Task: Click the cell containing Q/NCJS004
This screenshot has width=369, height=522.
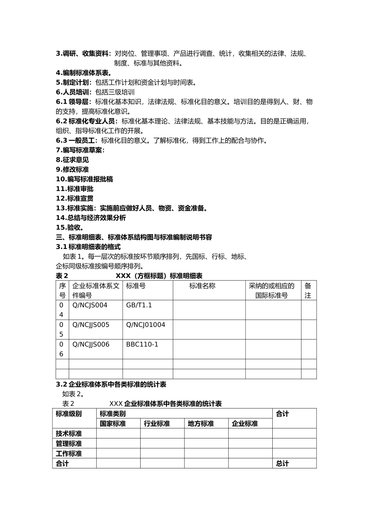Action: [90, 305]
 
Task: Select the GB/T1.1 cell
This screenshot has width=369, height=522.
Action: [139, 305]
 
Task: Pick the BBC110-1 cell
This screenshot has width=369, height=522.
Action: [142, 345]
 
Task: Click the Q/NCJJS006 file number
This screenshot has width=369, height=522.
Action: [91, 345]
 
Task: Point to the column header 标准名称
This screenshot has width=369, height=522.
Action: [202, 286]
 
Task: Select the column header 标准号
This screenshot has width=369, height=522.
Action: [136, 286]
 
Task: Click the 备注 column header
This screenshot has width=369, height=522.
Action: [308, 291]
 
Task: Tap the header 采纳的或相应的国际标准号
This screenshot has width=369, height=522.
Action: [272, 291]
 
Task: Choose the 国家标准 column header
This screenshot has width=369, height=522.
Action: [113, 424]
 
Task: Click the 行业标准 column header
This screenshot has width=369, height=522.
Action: [157, 424]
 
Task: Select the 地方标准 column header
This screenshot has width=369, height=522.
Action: [201, 424]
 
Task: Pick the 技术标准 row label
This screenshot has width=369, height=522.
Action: [69, 434]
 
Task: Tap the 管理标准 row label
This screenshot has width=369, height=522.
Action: [69, 444]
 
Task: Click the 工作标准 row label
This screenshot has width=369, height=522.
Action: [69, 454]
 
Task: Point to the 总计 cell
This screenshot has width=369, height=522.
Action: [282, 464]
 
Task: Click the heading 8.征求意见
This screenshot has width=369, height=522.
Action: [72, 160]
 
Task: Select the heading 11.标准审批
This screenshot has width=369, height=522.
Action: [75, 189]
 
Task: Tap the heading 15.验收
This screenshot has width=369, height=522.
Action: [70, 228]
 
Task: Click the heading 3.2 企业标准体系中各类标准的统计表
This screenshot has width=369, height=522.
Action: [111, 385]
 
